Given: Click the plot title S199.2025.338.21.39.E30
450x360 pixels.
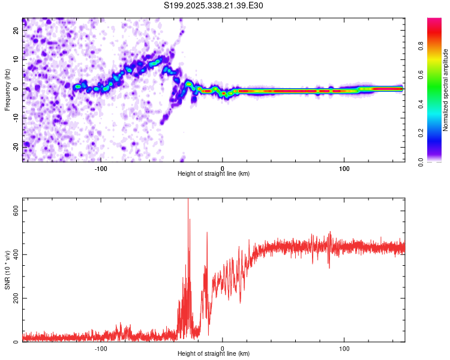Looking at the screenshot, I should [x=214, y=6].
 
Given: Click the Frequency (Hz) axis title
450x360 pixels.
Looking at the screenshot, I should [x=7, y=89].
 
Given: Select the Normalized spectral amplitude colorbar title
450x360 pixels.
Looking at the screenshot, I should [x=446, y=90].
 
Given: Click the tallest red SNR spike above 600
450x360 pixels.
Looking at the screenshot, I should [x=188, y=202].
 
